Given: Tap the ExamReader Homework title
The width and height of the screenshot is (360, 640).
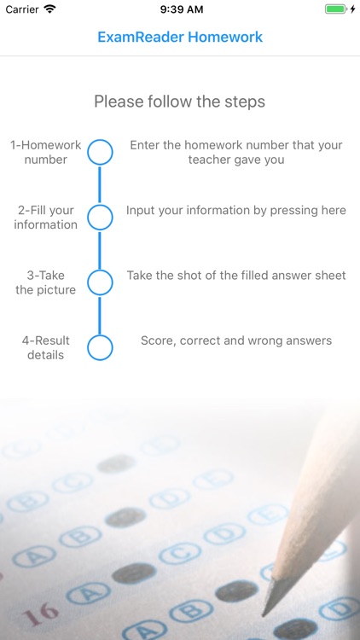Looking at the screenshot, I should pos(180,38).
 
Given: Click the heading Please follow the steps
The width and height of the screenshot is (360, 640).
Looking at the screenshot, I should pos(180,102).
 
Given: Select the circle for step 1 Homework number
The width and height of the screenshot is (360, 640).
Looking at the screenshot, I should pos(100,153).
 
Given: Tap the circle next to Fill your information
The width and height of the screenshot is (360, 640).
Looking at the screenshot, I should pos(100,218).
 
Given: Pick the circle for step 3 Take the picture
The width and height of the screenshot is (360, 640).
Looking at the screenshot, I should pos(100,282).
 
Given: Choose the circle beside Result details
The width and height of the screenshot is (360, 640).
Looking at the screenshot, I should pos(100,347).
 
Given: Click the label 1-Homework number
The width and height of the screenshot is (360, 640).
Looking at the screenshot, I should pos(46,153).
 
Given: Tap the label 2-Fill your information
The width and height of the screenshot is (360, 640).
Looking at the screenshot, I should pos(46,218).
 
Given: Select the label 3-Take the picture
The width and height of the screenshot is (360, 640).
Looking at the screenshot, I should pos(46,282).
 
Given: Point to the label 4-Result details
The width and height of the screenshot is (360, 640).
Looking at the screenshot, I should pos(46,347).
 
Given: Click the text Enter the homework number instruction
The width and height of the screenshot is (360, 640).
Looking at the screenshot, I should pos(236,153).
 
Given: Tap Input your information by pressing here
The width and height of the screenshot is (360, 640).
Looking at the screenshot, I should pos(236,210).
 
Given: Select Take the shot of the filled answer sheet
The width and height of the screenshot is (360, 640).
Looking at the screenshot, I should pos(236,276).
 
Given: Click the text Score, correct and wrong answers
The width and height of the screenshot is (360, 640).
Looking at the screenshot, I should pos(236,340).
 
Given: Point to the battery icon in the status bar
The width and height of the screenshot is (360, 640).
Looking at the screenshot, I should pos(335,9).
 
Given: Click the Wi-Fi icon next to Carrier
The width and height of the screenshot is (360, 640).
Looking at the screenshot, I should pos(49,9).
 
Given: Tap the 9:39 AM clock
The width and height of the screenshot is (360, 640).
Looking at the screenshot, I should pos(180,9).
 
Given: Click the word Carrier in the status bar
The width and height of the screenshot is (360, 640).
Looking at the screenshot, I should pos(21,9).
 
